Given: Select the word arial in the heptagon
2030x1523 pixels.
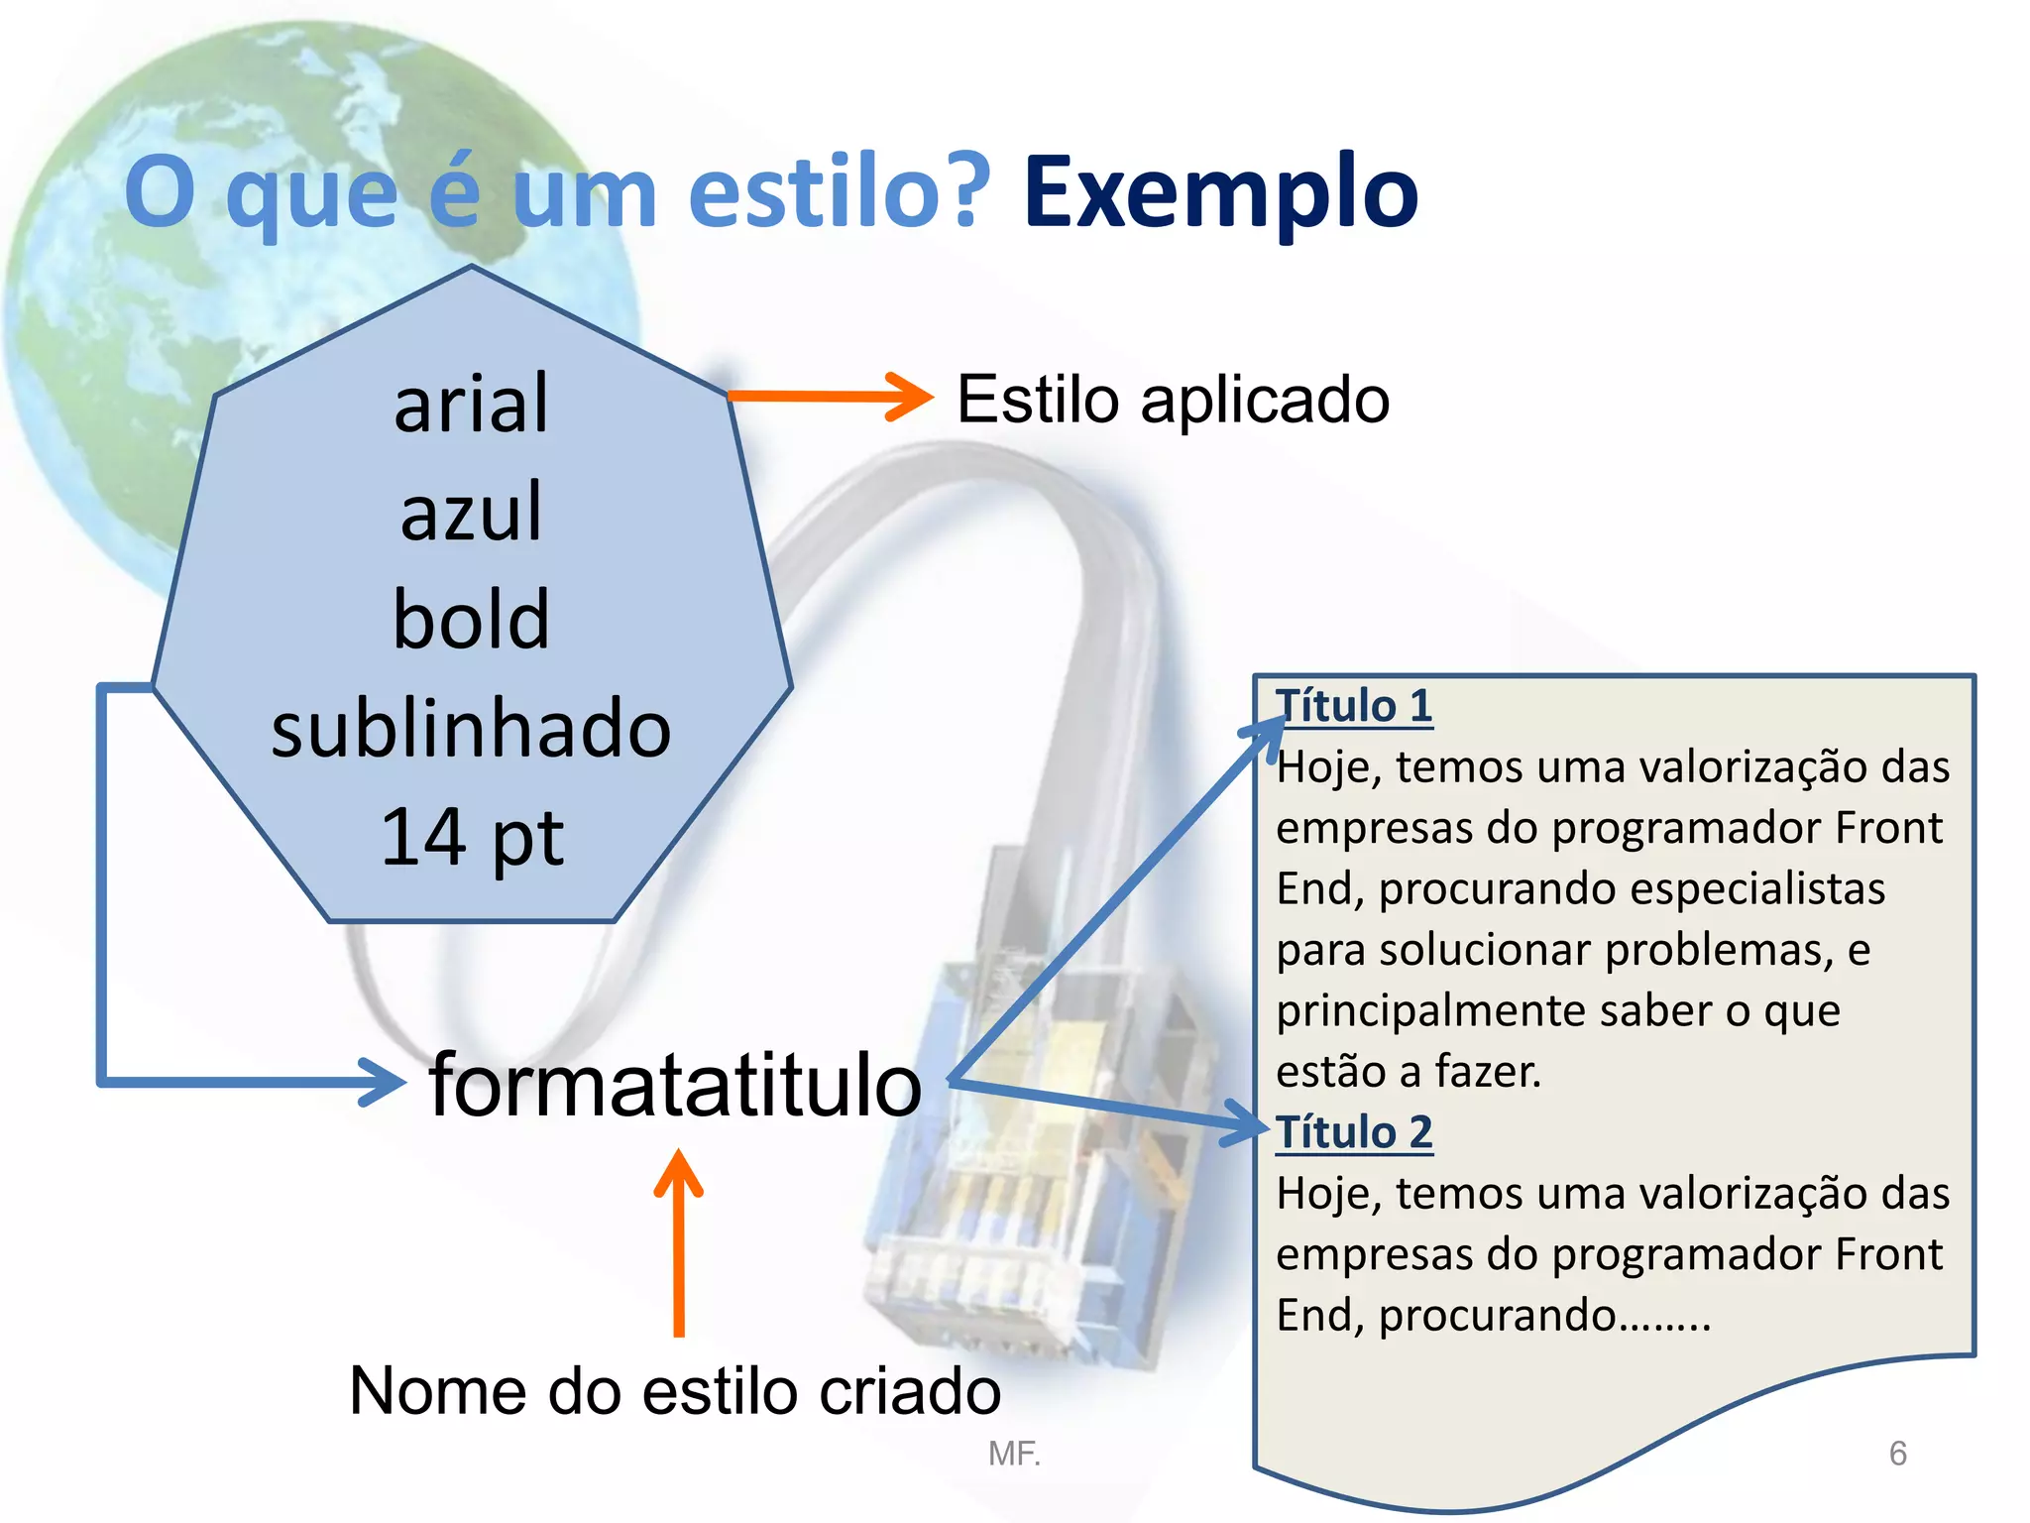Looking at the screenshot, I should [471, 405].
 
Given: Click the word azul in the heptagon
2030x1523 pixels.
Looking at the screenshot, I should [471, 513].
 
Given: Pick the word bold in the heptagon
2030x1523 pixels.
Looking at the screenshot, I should [471, 620].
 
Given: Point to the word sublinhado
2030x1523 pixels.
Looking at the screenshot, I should [471, 729].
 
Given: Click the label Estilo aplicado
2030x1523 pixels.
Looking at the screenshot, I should [1173, 400].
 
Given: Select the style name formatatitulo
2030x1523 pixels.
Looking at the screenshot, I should [675, 1085].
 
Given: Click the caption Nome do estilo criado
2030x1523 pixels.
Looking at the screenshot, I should [675, 1390].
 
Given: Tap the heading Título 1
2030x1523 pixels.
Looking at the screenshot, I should [1353, 706].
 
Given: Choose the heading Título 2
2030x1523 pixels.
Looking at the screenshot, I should [1353, 1132].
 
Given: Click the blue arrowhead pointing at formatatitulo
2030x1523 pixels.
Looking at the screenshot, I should [382, 1082].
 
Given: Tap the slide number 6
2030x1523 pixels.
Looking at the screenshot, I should [1897, 1454].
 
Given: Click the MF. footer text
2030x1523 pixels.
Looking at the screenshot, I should [1014, 1454].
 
